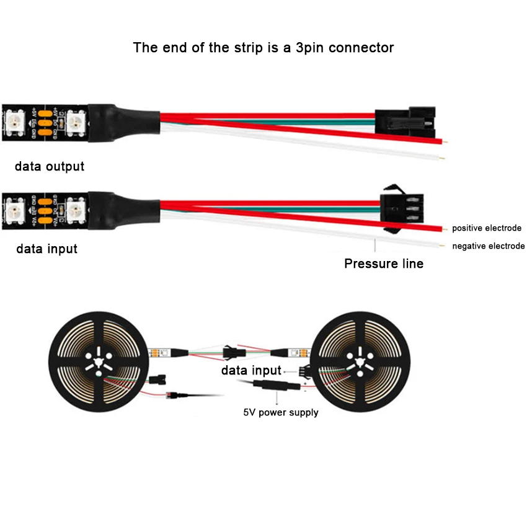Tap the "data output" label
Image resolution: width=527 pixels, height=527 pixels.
50,166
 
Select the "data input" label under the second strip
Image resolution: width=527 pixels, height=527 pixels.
47,249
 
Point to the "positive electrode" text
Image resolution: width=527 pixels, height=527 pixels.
487,228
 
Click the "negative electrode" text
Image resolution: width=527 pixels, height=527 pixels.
488,246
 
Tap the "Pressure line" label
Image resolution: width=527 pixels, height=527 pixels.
384,263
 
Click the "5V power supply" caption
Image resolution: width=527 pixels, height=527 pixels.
281,412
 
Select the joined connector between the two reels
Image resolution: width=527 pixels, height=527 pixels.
234,353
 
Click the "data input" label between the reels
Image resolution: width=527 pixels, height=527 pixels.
251,371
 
